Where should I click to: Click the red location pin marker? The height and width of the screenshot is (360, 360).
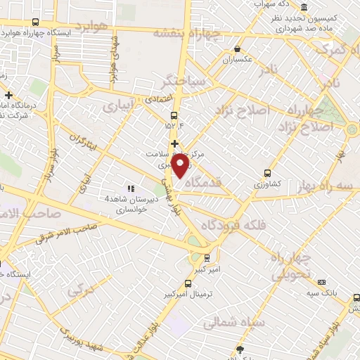181,166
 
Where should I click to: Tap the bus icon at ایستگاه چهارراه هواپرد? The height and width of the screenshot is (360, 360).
9,32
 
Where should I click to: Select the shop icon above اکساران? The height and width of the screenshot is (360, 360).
238,49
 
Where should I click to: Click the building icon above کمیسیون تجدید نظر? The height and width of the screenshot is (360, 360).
288,6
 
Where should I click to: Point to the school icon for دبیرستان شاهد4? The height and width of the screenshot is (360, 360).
130,188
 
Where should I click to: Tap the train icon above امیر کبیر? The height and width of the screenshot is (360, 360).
206,257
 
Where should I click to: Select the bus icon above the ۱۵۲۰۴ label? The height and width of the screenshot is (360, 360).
174,117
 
